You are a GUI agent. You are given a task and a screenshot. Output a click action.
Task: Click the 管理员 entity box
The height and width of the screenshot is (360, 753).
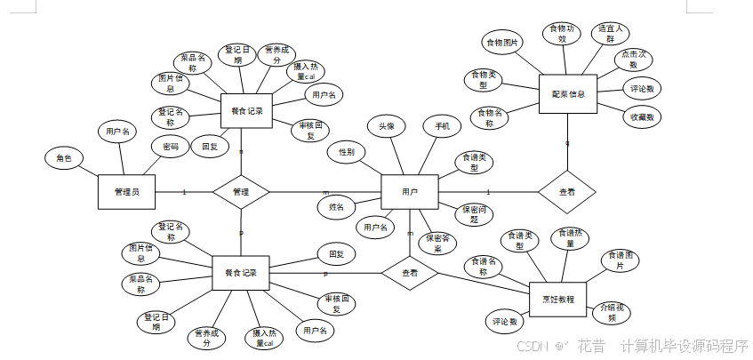point(125,191)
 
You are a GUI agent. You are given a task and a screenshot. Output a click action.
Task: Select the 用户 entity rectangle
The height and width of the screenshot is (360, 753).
point(410,191)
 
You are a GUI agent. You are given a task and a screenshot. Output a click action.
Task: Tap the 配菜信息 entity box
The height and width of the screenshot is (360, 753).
point(568,94)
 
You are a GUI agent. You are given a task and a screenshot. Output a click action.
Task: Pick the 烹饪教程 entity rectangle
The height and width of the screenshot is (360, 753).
point(557,298)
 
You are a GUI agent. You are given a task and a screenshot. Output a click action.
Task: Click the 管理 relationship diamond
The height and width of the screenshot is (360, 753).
point(241,191)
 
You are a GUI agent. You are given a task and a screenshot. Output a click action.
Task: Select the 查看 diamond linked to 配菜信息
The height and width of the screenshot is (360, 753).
point(566,191)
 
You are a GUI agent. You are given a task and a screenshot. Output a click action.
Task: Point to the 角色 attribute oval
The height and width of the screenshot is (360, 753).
point(64,158)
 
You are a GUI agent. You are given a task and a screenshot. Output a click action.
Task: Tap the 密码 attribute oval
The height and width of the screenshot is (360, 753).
point(169,146)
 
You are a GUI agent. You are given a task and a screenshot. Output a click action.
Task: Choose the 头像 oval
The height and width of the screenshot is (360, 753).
point(387,127)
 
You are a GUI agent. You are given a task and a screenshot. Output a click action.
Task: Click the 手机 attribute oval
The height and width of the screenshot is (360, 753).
point(442,127)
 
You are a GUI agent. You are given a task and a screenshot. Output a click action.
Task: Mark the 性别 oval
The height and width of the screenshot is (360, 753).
point(347,152)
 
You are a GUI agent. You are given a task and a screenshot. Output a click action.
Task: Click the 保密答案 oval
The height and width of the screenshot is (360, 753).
point(437,243)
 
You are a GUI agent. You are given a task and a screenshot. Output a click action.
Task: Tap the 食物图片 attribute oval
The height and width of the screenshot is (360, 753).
point(503,42)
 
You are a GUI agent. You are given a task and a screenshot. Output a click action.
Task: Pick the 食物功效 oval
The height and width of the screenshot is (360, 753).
point(561,34)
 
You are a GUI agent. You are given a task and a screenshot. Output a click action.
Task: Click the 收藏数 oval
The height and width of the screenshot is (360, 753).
point(643,116)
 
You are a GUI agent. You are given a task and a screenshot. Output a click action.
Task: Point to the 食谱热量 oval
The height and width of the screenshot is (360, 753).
point(571,238)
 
